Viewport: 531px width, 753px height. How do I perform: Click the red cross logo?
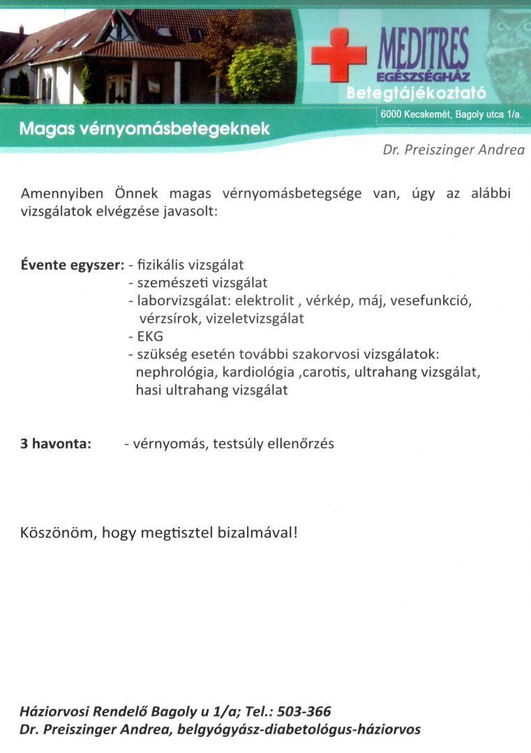click(x=338, y=56)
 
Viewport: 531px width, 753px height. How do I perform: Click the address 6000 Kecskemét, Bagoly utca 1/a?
click(x=451, y=114)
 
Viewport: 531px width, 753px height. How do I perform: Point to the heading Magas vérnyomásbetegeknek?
click(x=144, y=129)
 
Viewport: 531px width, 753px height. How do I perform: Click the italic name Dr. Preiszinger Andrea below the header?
click(x=454, y=150)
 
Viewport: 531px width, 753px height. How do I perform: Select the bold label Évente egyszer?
click(x=73, y=266)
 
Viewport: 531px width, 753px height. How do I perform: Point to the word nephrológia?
click(x=175, y=372)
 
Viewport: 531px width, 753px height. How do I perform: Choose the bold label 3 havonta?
click(x=56, y=444)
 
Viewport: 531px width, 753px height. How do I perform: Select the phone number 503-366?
click(x=304, y=712)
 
